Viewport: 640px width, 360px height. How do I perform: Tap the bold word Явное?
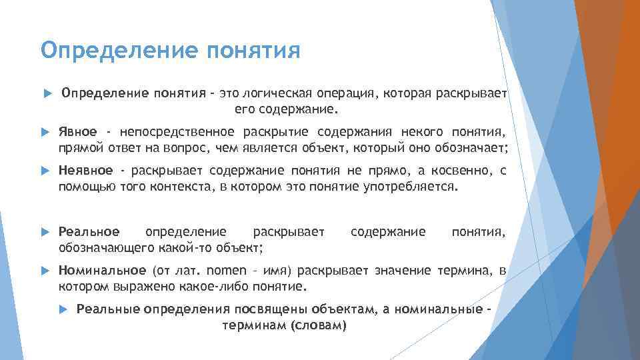pos(77,131)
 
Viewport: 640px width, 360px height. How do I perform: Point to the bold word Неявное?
pos(84,171)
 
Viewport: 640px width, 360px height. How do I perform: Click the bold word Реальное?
pos(89,231)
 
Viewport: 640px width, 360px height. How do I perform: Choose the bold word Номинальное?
pos(102,270)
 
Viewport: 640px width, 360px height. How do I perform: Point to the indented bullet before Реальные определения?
pos(63,309)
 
